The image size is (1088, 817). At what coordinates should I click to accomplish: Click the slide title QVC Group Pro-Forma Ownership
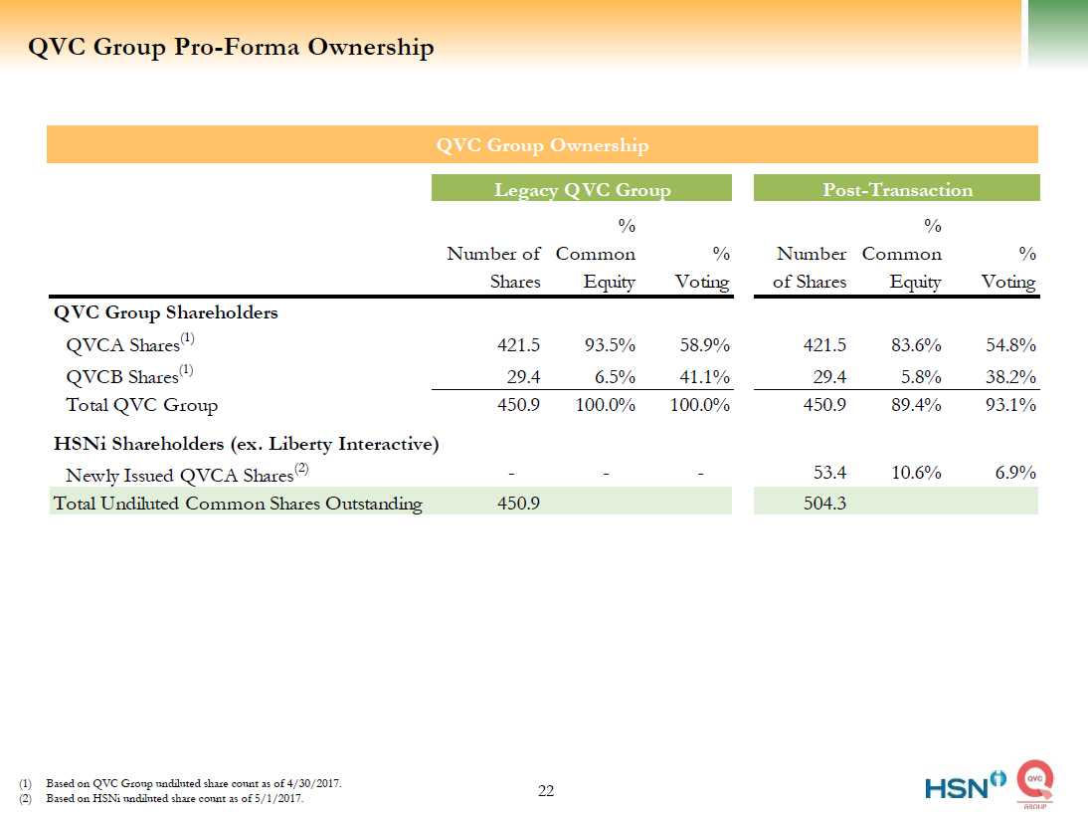coord(231,48)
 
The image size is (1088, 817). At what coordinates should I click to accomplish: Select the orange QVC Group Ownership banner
coord(542,145)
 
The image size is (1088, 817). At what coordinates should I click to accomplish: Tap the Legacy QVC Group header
coord(582,189)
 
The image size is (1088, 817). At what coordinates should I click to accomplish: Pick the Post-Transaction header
coord(897,189)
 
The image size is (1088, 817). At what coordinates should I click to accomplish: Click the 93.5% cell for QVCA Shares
coord(609,345)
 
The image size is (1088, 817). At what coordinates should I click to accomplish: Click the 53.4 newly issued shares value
coord(828,474)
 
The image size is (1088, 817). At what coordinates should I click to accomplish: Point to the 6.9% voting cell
coord(1014,474)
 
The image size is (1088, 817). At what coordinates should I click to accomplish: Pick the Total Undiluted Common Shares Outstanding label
coord(238,504)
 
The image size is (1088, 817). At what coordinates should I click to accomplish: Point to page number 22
coord(546,791)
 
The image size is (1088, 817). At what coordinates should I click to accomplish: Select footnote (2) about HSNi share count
coord(175,799)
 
